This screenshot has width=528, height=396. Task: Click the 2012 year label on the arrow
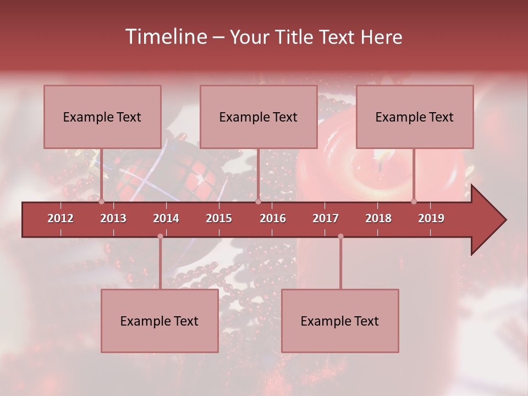(x=61, y=218)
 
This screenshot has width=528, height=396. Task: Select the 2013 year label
(x=113, y=218)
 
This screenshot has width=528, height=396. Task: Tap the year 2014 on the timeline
(x=166, y=218)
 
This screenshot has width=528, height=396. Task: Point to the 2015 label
(x=219, y=218)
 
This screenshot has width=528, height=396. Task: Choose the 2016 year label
(x=273, y=218)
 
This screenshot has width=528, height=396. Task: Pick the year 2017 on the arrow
(x=326, y=218)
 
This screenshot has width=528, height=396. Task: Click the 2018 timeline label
(x=378, y=218)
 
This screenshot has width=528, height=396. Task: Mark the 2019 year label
(x=431, y=218)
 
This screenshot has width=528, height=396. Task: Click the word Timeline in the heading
(x=165, y=37)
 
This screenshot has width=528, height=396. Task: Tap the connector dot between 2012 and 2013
(x=102, y=201)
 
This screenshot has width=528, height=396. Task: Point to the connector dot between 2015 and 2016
(x=258, y=201)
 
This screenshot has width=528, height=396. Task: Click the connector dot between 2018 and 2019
(x=414, y=201)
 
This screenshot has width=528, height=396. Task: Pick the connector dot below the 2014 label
(x=160, y=237)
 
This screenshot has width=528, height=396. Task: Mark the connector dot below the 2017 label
(x=340, y=237)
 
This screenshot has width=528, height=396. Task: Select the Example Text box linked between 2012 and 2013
(x=102, y=117)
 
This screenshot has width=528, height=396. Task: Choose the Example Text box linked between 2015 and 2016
(x=258, y=117)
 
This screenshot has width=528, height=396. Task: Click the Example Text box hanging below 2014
(x=159, y=321)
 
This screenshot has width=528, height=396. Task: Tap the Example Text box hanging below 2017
(x=340, y=321)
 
